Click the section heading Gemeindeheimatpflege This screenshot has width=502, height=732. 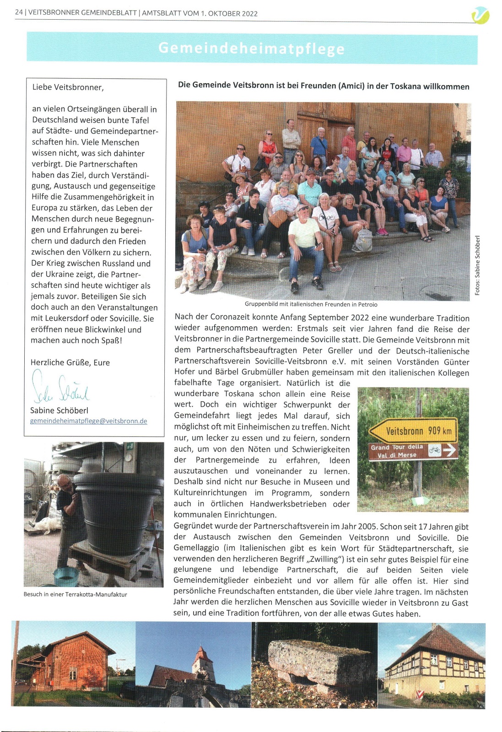pos(251,48)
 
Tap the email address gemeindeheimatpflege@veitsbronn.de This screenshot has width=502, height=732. pos(89,421)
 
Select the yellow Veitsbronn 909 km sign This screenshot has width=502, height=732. pos(413,431)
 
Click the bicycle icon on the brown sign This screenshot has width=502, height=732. pos(435,450)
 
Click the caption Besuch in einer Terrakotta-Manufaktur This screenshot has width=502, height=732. pos(76,594)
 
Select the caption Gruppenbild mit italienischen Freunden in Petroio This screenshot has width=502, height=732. pos(311,304)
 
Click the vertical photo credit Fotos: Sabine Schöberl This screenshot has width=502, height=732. pos(477,265)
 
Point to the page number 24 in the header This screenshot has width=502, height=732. pos(19,13)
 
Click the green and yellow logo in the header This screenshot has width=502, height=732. pos(480,16)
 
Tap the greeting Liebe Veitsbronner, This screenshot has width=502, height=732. pos(68,87)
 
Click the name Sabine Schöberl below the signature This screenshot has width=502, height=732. pos(59,410)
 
